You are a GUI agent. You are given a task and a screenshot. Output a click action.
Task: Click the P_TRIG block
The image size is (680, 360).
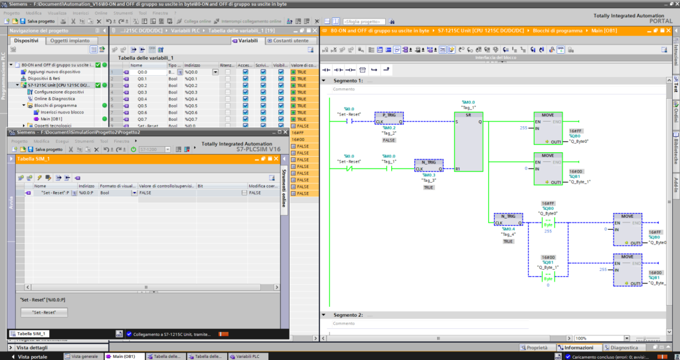[389, 119]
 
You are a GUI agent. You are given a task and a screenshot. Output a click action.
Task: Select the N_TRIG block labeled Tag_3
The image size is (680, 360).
[429, 165]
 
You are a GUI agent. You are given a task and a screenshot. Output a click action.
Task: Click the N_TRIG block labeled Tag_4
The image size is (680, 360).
[509, 220]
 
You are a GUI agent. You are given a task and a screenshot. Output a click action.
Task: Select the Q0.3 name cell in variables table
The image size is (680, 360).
[142, 92]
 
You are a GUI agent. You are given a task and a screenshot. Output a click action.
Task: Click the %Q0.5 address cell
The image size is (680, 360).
[191, 106]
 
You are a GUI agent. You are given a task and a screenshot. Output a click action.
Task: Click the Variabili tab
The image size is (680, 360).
[246, 41]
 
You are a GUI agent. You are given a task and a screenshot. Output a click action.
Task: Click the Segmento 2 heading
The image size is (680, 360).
[347, 315]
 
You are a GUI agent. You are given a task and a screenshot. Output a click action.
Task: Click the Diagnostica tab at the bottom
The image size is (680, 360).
[624, 347]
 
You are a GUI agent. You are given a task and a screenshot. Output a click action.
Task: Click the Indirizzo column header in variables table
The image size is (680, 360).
[193, 65]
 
